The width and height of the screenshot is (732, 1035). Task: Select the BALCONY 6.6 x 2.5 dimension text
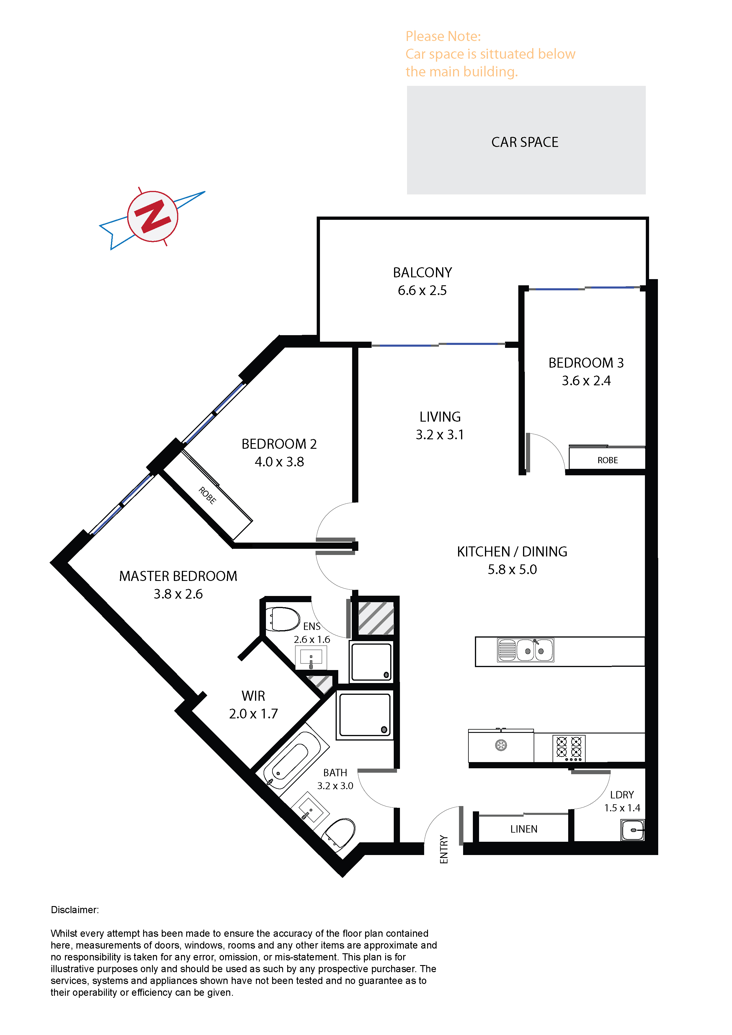[x=422, y=290]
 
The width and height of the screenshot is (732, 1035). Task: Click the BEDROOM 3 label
[x=586, y=363]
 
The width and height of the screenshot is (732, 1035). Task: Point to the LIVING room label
[x=440, y=417]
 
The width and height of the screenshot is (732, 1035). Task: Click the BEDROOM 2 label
[x=279, y=444]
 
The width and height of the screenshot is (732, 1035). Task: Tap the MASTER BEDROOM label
[x=178, y=576]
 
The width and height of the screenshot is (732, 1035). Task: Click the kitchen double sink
[x=525, y=650]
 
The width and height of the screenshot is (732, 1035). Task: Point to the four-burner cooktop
[x=569, y=748]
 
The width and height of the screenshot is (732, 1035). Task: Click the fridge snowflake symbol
[x=501, y=745]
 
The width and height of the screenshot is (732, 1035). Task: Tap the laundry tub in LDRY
[x=633, y=830]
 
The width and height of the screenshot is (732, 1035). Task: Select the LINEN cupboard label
[x=524, y=829]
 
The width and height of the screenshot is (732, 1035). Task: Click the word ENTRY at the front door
[x=444, y=849]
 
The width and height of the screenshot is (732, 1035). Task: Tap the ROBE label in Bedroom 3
[x=607, y=460]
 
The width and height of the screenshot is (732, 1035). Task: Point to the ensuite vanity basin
[x=311, y=658]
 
